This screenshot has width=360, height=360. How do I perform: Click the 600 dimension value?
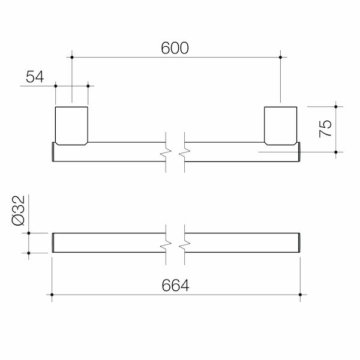[175, 49]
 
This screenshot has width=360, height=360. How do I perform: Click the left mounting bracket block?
[72, 125]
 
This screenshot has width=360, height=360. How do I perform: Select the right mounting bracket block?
[280, 125]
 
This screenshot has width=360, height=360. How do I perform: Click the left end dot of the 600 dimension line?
[72, 57]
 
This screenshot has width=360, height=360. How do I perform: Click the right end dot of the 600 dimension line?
[280, 57]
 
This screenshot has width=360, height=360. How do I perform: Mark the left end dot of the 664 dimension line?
[53, 295]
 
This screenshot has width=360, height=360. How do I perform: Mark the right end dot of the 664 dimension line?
[299, 295]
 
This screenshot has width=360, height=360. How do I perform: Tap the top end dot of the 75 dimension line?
[335, 106]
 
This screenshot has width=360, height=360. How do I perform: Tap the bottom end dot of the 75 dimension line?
[335, 152]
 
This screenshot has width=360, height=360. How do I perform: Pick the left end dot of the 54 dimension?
[56, 85]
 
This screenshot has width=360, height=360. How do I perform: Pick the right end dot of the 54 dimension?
[88, 85]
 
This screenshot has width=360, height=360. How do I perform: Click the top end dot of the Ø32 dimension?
[29, 232]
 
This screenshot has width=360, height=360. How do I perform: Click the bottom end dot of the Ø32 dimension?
[29, 253]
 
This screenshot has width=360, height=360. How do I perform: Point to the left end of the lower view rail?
[54, 242]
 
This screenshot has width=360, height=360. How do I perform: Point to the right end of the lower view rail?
[298, 242]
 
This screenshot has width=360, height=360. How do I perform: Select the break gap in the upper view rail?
[176, 152]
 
